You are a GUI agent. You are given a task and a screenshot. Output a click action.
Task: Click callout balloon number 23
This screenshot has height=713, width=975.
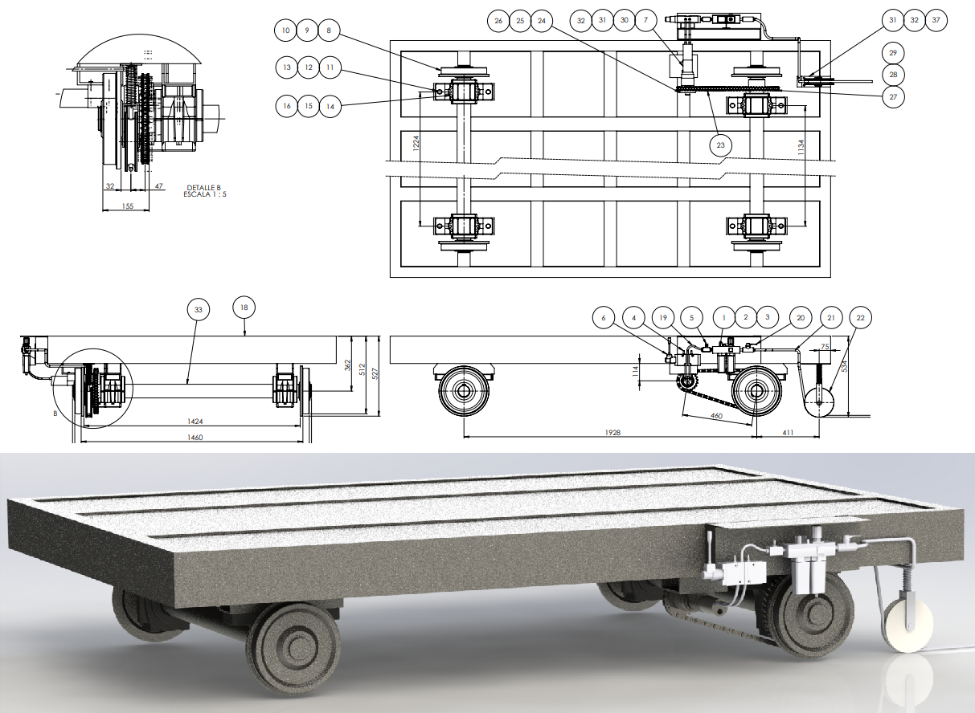pos(720,145)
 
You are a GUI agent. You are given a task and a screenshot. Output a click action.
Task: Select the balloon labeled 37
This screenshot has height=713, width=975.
pos(936,20)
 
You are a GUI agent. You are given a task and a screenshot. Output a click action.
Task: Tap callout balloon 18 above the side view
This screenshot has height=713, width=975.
pos(244,308)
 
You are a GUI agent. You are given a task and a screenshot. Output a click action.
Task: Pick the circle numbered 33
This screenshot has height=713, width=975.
pos(198,310)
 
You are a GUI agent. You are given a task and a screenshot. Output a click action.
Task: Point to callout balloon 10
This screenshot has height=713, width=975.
pos(285,31)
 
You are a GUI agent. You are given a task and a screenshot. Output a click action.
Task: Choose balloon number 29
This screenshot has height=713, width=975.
pos(893,53)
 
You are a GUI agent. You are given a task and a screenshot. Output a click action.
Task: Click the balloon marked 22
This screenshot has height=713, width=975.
pos(860,318)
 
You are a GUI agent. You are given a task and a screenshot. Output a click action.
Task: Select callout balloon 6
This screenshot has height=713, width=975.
pos(604,318)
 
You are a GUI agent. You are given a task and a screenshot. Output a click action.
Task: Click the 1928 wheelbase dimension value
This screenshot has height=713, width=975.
pos(612,433)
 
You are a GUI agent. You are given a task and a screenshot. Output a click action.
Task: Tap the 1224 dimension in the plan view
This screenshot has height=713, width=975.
pos(416,144)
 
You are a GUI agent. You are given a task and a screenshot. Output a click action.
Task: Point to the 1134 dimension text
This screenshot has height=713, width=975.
pos(801,148)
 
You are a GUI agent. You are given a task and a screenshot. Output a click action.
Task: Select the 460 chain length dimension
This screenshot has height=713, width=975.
pos(716,416)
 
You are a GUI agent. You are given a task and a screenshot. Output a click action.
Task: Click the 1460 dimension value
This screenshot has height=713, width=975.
pos(195,438)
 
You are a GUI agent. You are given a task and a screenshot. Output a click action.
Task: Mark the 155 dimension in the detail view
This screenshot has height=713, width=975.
pos(128,206)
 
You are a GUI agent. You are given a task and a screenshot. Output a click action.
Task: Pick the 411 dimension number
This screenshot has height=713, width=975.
pos(788,433)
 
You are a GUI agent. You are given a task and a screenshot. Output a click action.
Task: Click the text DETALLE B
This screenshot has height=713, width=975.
pos(203,188)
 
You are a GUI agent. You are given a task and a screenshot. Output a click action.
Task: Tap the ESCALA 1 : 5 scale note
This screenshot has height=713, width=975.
pos(205,194)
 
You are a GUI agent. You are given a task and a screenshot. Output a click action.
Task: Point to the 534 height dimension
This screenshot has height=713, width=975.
pos(845,366)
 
